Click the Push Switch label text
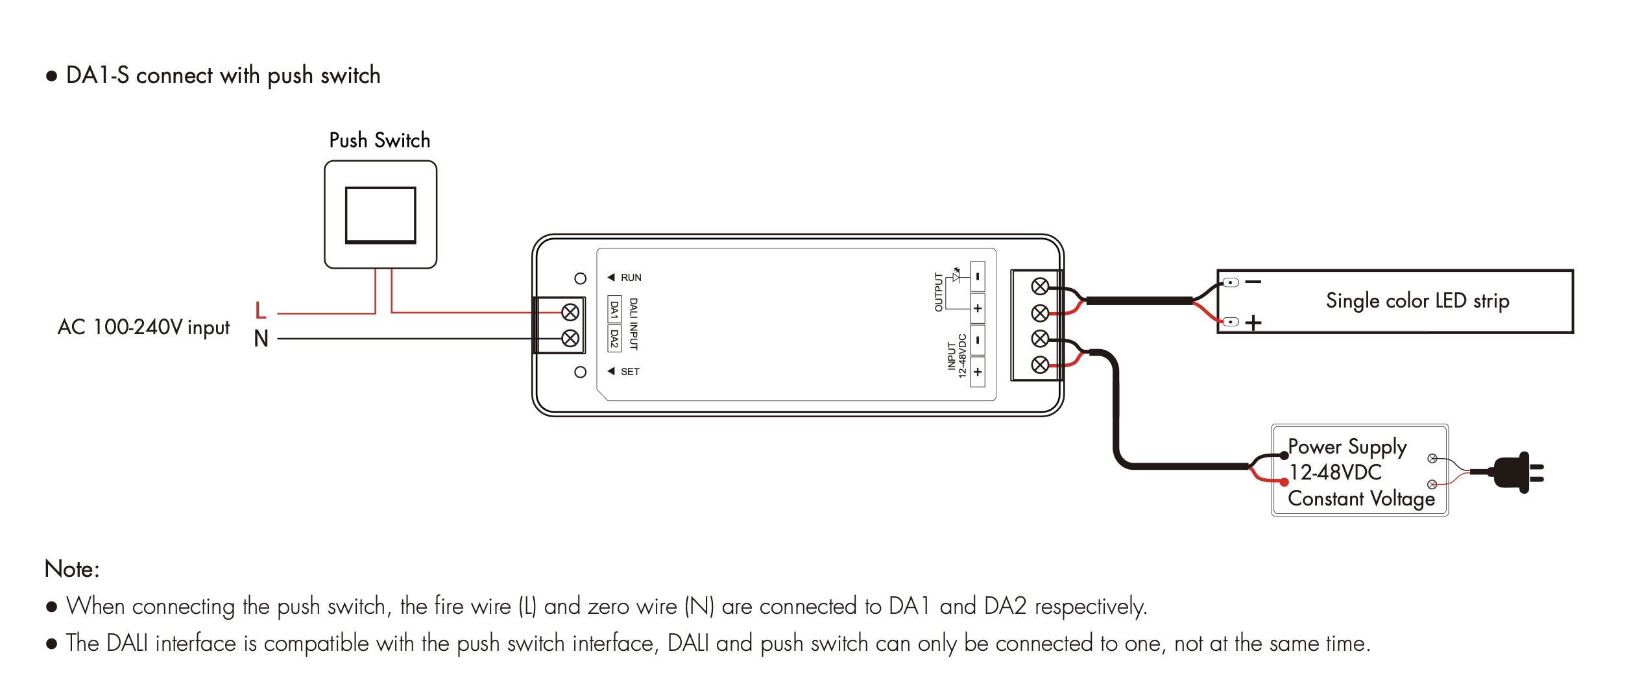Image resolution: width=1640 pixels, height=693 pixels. click(380, 140)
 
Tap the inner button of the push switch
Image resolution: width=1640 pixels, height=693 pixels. click(380, 215)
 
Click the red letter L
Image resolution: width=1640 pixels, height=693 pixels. click(261, 311)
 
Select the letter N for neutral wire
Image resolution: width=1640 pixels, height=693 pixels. click(261, 339)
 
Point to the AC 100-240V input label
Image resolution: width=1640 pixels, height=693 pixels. click(143, 327)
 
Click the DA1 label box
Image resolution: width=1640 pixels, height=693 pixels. click(614, 310)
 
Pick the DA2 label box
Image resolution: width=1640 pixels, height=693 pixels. click(614, 338)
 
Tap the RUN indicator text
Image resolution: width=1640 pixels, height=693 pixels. click(631, 278)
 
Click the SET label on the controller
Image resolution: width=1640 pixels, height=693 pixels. click(630, 372)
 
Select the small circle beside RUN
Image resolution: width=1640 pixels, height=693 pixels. click(581, 278)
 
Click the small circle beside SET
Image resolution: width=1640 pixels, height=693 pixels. click(581, 372)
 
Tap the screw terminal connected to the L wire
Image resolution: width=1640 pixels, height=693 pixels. click(570, 313)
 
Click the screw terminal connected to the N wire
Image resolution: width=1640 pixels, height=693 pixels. click(570, 338)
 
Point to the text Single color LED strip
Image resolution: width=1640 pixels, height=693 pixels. click(1417, 301)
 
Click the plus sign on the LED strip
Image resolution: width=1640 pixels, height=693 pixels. click(1253, 322)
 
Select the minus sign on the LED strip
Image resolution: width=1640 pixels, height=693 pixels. click(1253, 282)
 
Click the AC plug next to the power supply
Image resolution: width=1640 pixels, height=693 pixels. click(1515, 472)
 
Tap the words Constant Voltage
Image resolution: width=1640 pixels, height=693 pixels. click(1361, 498)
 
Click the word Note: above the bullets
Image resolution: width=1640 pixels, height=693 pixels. click(72, 569)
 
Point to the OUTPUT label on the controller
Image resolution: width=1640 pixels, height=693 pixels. click(938, 292)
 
